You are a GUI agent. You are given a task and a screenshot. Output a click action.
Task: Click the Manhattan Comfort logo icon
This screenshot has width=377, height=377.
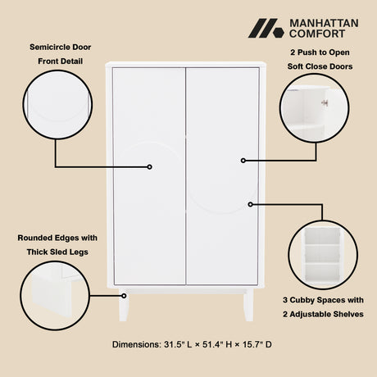[x=266, y=28]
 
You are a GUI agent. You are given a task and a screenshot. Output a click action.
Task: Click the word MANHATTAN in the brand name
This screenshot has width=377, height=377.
[x=324, y=23]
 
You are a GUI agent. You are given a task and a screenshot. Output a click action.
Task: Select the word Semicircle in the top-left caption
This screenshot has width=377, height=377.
[x=47, y=48]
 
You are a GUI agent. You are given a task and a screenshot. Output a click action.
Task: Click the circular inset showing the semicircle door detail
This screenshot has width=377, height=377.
[x=56, y=104]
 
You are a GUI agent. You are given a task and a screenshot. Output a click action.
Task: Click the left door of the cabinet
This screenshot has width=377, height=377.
[x=149, y=175]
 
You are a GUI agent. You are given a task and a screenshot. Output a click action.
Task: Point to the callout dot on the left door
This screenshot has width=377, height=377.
[x=149, y=166]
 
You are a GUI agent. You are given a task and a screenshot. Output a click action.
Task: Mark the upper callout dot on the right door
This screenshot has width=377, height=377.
[x=243, y=160]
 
